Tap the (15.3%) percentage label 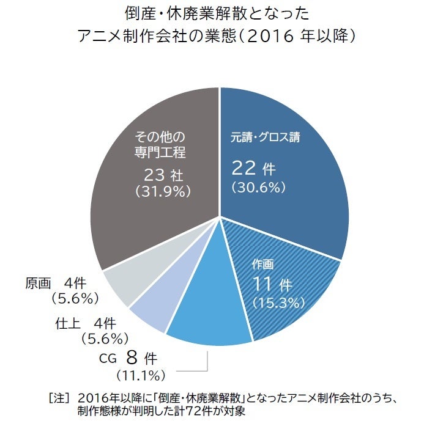pyautogui.click(x=278, y=302)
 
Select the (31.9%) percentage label pyautogui.click(x=163, y=191)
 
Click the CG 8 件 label pyautogui.click(x=131, y=357)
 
